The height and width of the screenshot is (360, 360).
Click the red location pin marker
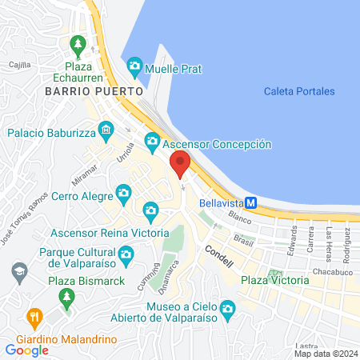coord(181,163)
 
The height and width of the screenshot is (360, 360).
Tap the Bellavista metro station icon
coord(250,203)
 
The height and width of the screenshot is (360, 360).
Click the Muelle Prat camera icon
coord(134,65)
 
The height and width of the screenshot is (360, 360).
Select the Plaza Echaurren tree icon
coord(78,43)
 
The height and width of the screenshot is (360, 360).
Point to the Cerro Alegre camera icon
coord(123,193)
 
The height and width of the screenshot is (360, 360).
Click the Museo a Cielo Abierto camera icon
coord(227,309)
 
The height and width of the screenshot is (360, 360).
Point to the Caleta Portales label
coord(299,91)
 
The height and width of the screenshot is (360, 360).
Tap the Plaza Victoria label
coord(274,281)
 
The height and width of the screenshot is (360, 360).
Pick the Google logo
coord(26,350)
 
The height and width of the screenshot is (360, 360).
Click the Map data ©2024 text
coord(325,353)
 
